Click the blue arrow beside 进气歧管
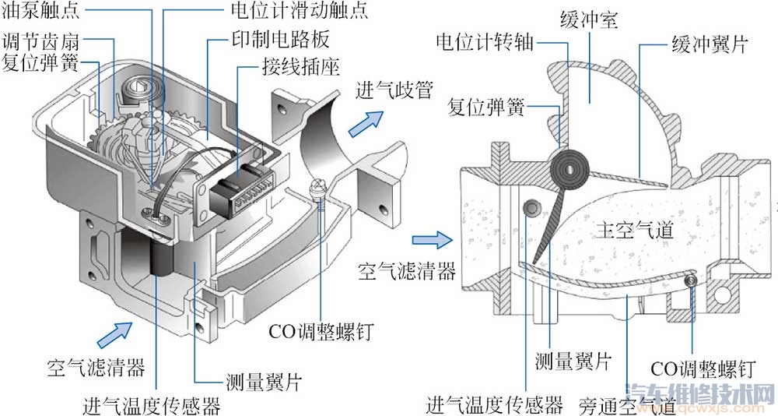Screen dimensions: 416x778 [x=369, y=118]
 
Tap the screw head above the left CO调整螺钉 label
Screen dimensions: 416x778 [x=317, y=188]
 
